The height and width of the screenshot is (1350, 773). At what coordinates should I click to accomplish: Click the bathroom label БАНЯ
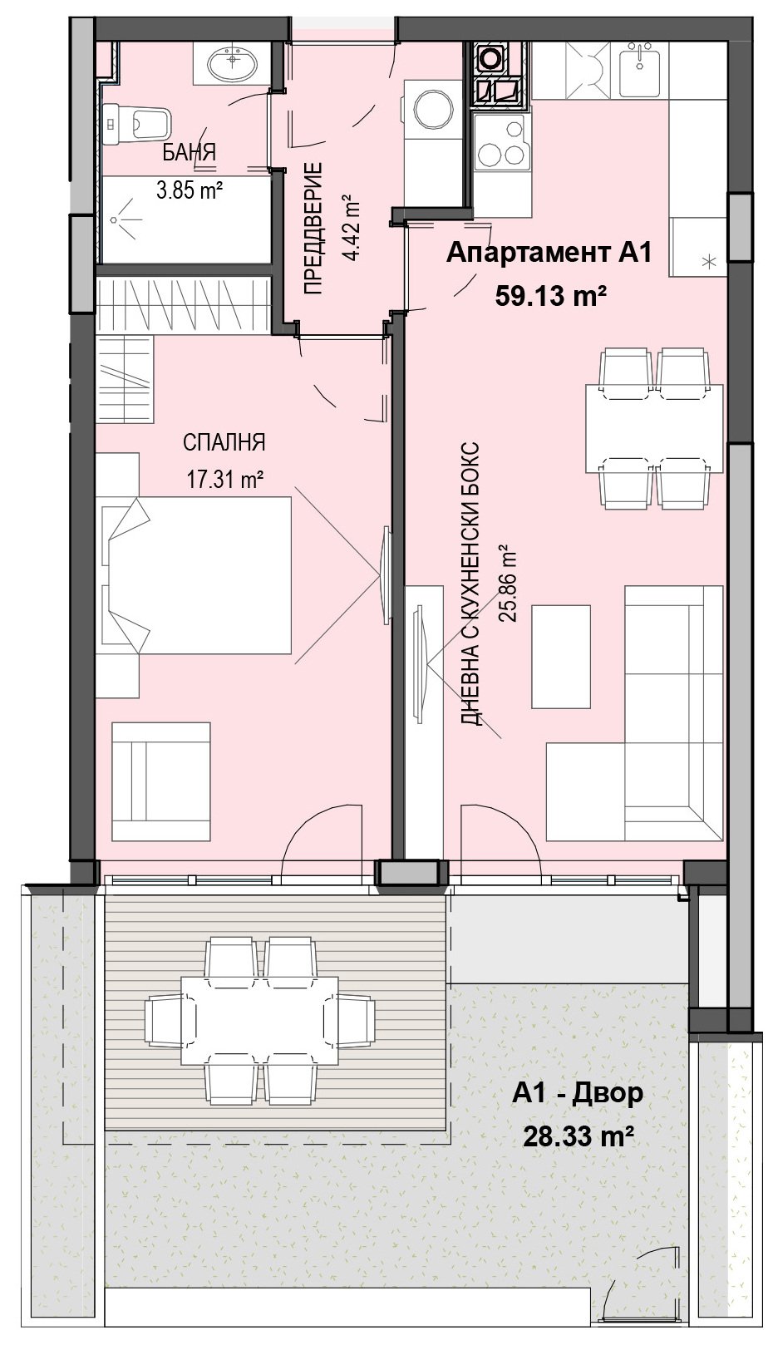pos(190,152)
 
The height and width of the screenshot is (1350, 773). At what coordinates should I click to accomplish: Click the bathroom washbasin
pos(232,63)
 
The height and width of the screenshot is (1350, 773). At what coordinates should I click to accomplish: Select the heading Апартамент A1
pos(549,254)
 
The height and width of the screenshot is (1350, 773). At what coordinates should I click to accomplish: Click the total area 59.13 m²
pos(550,296)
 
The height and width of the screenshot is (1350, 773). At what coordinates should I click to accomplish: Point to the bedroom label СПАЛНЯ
pos(224,443)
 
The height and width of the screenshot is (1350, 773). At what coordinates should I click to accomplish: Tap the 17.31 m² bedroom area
pos(224,480)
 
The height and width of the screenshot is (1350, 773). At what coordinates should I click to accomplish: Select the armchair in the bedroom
pos(161,781)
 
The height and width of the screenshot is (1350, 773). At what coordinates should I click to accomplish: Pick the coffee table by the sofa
pos(560,657)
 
